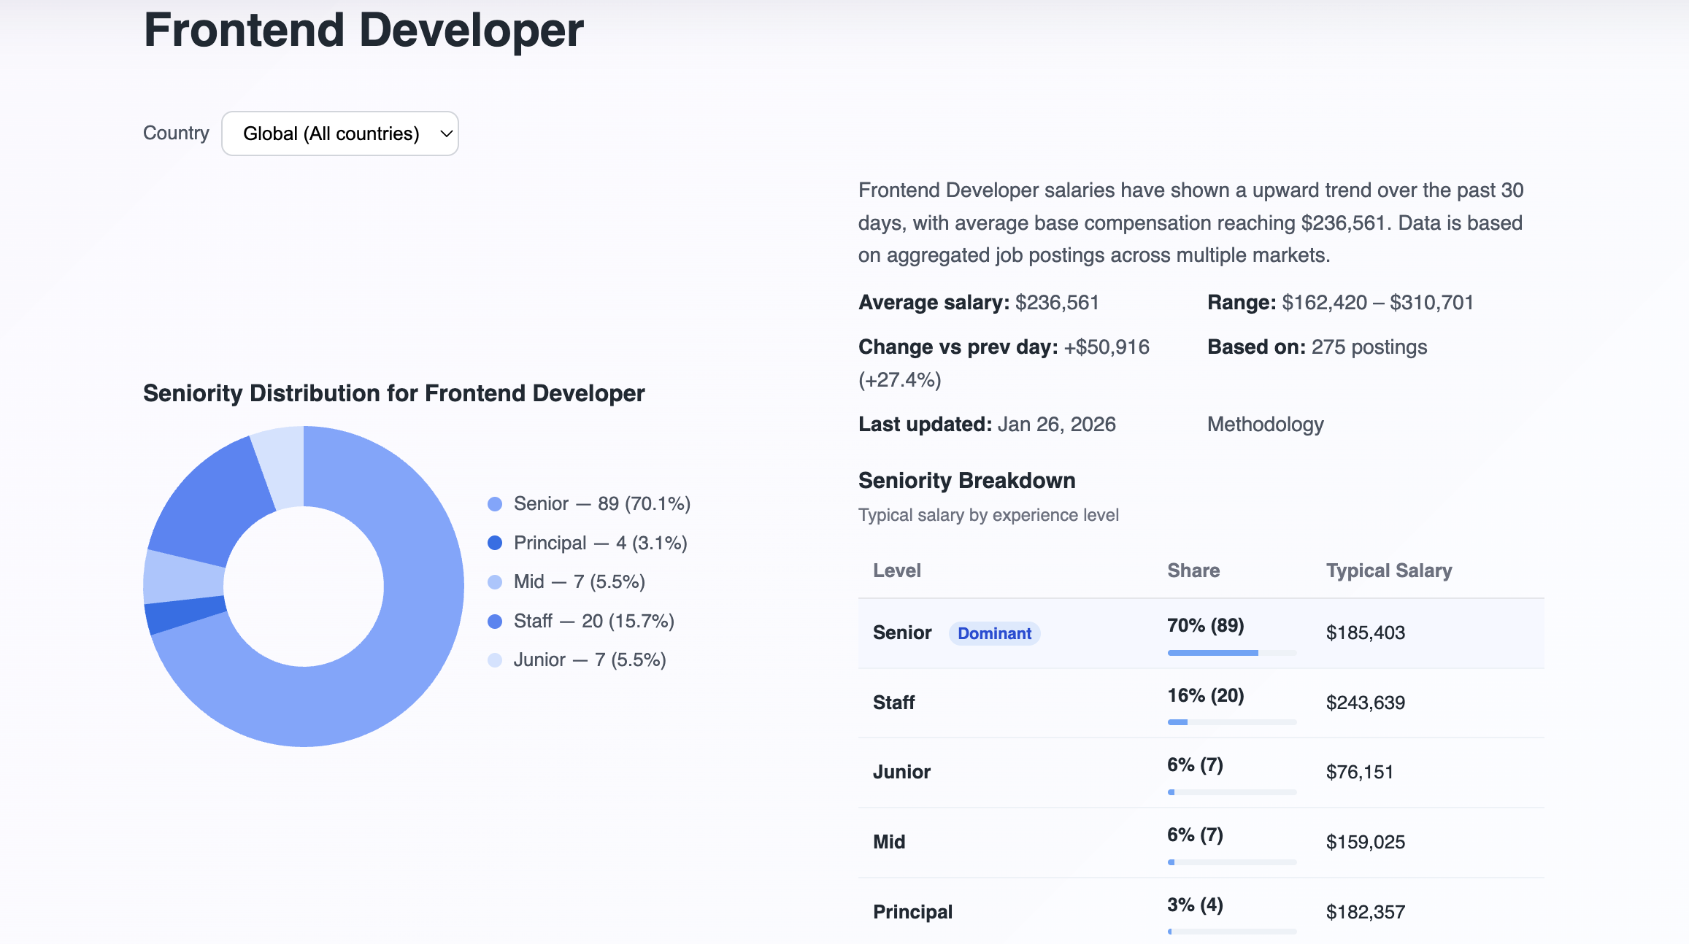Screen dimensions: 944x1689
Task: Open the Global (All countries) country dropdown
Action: pos(339,134)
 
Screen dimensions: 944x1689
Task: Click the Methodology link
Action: pos(1265,424)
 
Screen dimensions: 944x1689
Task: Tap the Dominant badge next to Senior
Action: pos(994,633)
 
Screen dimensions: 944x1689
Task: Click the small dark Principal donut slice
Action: pos(186,614)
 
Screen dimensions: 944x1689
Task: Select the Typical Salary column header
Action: pos(1388,570)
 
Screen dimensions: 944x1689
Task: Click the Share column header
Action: pos(1193,570)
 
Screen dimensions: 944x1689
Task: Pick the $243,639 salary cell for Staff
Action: pos(1365,703)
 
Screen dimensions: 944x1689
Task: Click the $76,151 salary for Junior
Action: pos(1359,772)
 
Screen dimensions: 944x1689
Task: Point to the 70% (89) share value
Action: pos(1205,625)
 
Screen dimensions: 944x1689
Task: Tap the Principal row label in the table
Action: pos(912,912)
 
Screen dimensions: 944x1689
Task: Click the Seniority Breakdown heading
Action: pos(966,480)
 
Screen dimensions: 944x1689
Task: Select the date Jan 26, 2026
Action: pos(1056,424)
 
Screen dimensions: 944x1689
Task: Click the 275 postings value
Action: pos(1369,347)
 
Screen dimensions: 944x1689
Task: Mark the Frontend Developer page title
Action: pos(363,31)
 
